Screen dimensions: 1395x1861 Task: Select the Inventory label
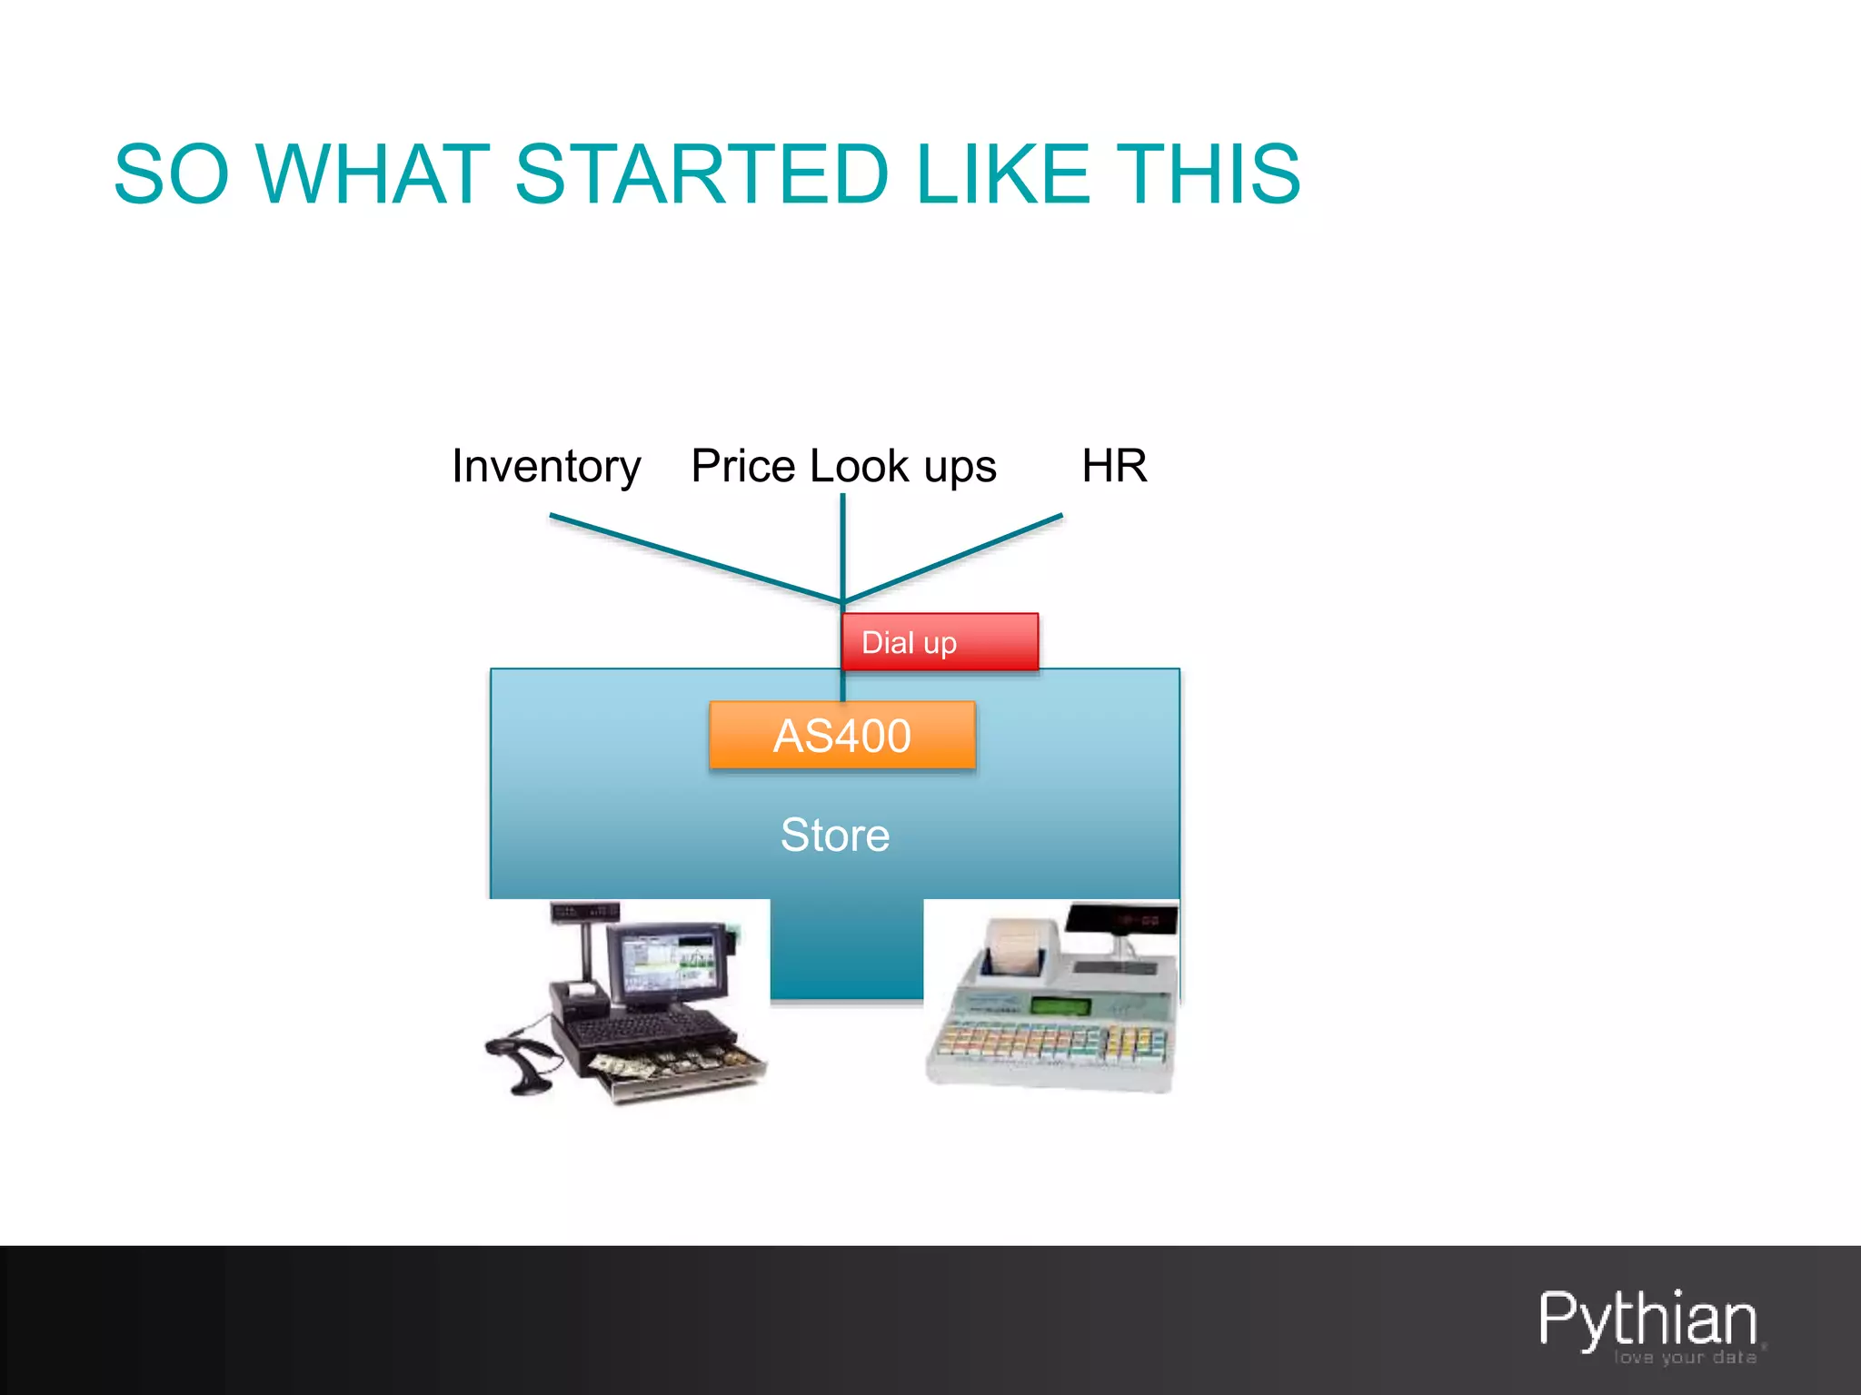(546, 467)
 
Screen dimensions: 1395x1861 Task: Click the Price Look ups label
(843, 467)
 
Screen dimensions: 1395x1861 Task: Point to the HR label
(1114, 466)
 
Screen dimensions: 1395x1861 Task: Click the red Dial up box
(940, 642)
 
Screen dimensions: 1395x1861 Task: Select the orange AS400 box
(842, 736)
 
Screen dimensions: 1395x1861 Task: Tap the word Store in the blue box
(835, 835)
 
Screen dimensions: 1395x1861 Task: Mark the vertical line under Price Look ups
(843, 545)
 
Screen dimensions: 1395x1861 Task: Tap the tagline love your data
(1685, 1358)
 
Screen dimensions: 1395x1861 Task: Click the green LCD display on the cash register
(1059, 1006)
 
